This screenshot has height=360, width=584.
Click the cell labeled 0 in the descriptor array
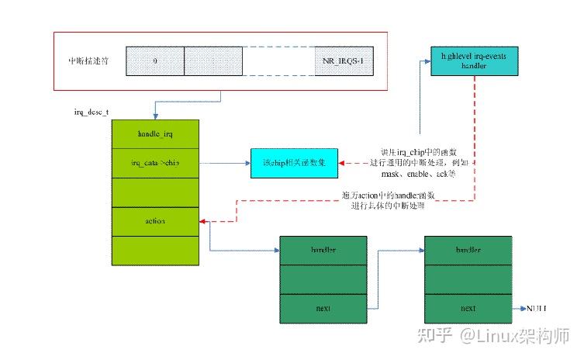[154, 61]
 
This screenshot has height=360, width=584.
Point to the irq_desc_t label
[92, 112]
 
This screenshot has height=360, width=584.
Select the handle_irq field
[155, 134]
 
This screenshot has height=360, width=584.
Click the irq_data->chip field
[155, 164]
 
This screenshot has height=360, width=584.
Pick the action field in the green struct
[155, 222]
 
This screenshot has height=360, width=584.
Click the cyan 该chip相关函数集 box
[294, 163]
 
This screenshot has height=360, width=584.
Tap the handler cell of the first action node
[323, 251]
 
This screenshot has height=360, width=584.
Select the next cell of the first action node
[323, 309]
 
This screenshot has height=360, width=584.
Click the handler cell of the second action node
[468, 251]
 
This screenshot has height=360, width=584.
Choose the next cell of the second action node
[468, 309]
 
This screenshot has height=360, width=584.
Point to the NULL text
[537, 309]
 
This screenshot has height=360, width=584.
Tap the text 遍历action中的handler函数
[387, 195]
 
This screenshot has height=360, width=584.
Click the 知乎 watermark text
[433, 336]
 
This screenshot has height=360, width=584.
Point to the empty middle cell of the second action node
[468, 279]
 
